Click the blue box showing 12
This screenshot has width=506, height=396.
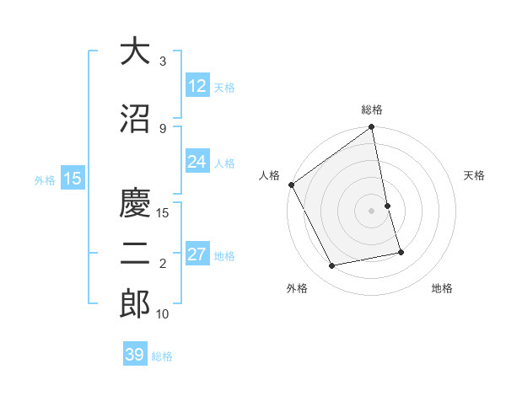[x=197, y=86]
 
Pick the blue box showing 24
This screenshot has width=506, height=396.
[x=197, y=162]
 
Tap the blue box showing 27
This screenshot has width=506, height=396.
[x=197, y=254]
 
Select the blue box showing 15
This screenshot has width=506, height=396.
[x=72, y=178]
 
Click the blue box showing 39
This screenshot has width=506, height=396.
[x=135, y=355]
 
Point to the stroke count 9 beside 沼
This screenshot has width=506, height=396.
[x=163, y=128]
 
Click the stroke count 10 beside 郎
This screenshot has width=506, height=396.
[x=163, y=314]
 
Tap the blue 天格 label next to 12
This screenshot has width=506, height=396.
[x=224, y=87]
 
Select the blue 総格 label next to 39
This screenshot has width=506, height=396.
[x=162, y=356]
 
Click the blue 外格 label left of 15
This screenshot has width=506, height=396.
[x=44, y=179]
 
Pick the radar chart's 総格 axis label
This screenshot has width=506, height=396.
[x=372, y=110]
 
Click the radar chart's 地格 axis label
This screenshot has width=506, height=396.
[x=442, y=288]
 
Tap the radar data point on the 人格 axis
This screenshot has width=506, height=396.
[x=291, y=185]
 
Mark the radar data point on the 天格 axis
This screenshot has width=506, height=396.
[x=387, y=206]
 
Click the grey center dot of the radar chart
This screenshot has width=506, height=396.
[x=372, y=211]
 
